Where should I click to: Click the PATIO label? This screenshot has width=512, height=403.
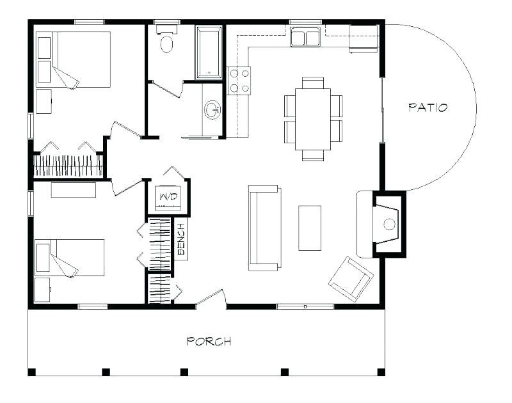(x=428, y=107)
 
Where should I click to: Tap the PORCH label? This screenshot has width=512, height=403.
(x=209, y=341)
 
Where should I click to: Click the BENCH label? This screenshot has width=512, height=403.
(x=180, y=238)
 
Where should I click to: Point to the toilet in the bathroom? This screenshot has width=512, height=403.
(x=167, y=42)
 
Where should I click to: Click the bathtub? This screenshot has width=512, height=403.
(x=209, y=52)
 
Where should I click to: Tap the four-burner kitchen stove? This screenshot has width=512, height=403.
(x=239, y=81)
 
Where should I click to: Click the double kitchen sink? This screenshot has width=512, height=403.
(x=305, y=37)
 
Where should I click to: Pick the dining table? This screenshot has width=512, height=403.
(x=313, y=119)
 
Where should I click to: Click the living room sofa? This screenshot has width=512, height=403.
(x=264, y=227)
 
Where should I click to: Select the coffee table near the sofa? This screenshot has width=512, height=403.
(x=310, y=228)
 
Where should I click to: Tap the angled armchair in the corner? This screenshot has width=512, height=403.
(x=351, y=278)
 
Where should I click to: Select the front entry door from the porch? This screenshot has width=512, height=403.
(x=211, y=299)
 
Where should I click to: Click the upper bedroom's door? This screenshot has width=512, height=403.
(x=125, y=130)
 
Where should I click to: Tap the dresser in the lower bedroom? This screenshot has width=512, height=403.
(x=74, y=190)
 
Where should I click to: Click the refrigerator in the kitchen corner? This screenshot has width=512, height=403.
(x=363, y=40)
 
